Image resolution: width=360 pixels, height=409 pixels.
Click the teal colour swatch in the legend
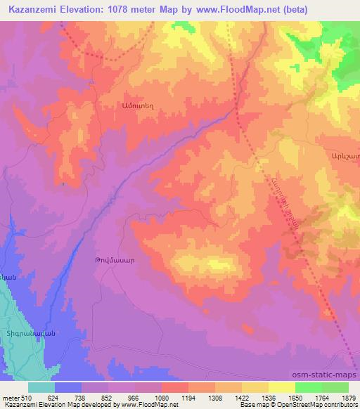click(41, 387)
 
